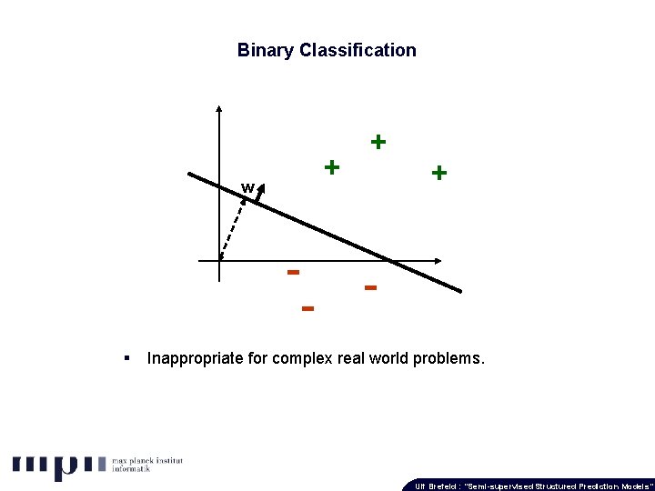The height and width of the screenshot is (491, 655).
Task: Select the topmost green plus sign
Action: pos(378,142)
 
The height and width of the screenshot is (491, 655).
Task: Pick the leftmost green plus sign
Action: pos(332,167)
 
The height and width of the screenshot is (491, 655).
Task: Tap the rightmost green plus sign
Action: pos(438,173)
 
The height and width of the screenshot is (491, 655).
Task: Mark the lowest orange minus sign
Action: pos(307,309)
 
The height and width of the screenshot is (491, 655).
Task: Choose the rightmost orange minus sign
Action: pos(370,288)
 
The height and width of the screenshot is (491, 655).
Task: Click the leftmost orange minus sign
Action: pos(293,271)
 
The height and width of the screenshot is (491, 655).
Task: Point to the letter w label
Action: pos(247,188)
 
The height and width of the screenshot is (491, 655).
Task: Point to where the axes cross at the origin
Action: pos(219,262)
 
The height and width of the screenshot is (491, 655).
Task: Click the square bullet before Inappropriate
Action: pos(127,358)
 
